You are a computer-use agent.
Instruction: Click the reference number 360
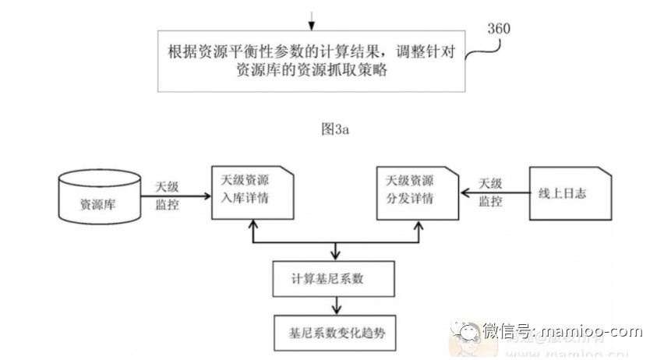pos(498,30)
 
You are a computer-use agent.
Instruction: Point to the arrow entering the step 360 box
pos(311,19)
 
